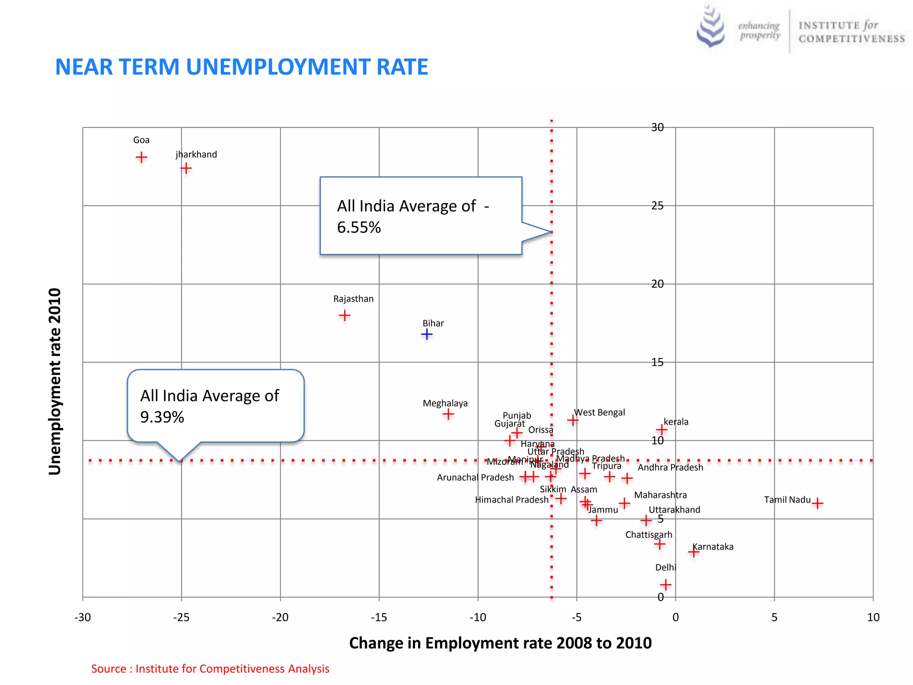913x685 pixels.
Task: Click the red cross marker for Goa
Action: click(x=141, y=157)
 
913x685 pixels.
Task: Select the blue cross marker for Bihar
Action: click(x=427, y=334)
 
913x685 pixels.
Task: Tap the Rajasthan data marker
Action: click(x=345, y=316)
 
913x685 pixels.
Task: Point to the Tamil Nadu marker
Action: click(x=817, y=503)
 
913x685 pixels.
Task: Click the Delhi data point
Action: click(x=666, y=584)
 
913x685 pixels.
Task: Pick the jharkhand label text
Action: click(x=196, y=154)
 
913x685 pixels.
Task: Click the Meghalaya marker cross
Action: click(x=448, y=414)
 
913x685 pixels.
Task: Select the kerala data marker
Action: click(x=662, y=429)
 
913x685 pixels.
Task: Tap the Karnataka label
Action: click(x=713, y=547)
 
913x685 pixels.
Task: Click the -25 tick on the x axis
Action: click(x=181, y=617)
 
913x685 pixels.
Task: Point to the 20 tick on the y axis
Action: click(x=657, y=284)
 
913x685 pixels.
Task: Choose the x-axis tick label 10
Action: click(x=873, y=617)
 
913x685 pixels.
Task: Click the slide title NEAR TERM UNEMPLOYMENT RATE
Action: click(x=241, y=67)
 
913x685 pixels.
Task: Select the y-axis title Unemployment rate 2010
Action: click(x=54, y=381)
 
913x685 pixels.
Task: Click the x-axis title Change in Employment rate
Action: click(x=500, y=643)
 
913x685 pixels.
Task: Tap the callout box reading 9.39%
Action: click(x=215, y=406)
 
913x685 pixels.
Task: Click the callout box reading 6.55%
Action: click(x=420, y=216)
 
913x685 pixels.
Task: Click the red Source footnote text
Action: click(x=210, y=668)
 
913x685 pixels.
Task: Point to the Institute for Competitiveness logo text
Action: click(x=851, y=32)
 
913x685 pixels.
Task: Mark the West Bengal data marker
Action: click(x=573, y=420)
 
